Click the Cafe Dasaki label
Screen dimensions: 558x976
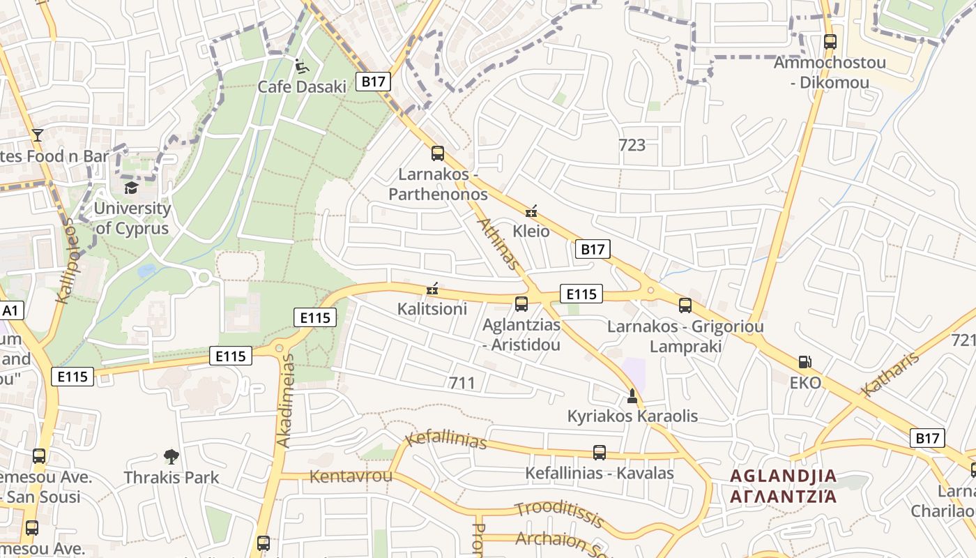coord(302,86)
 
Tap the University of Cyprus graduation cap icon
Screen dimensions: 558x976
coord(130,188)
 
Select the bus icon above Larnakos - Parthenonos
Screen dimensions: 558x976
coord(438,153)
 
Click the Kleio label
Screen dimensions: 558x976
coord(531,231)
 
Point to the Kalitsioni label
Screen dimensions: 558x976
coord(432,308)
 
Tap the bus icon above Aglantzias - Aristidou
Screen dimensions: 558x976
coord(521,304)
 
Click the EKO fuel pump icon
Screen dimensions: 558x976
coord(805,362)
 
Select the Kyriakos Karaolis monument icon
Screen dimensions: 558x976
coord(632,397)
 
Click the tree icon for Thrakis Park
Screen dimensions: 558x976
coord(171,458)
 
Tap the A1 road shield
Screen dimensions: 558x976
coord(11,310)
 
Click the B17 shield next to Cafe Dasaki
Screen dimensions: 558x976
coord(374,82)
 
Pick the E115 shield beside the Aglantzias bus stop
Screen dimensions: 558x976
coord(581,294)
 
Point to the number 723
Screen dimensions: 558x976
coord(632,145)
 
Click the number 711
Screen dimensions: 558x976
coord(462,382)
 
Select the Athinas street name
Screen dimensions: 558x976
coord(499,243)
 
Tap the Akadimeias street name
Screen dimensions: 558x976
coord(287,401)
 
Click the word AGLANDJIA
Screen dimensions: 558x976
coord(783,476)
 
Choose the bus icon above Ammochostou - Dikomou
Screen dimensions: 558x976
coord(830,42)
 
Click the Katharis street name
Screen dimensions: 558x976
coord(892,375)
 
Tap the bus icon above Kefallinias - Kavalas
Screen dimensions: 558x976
coord(599,453)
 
